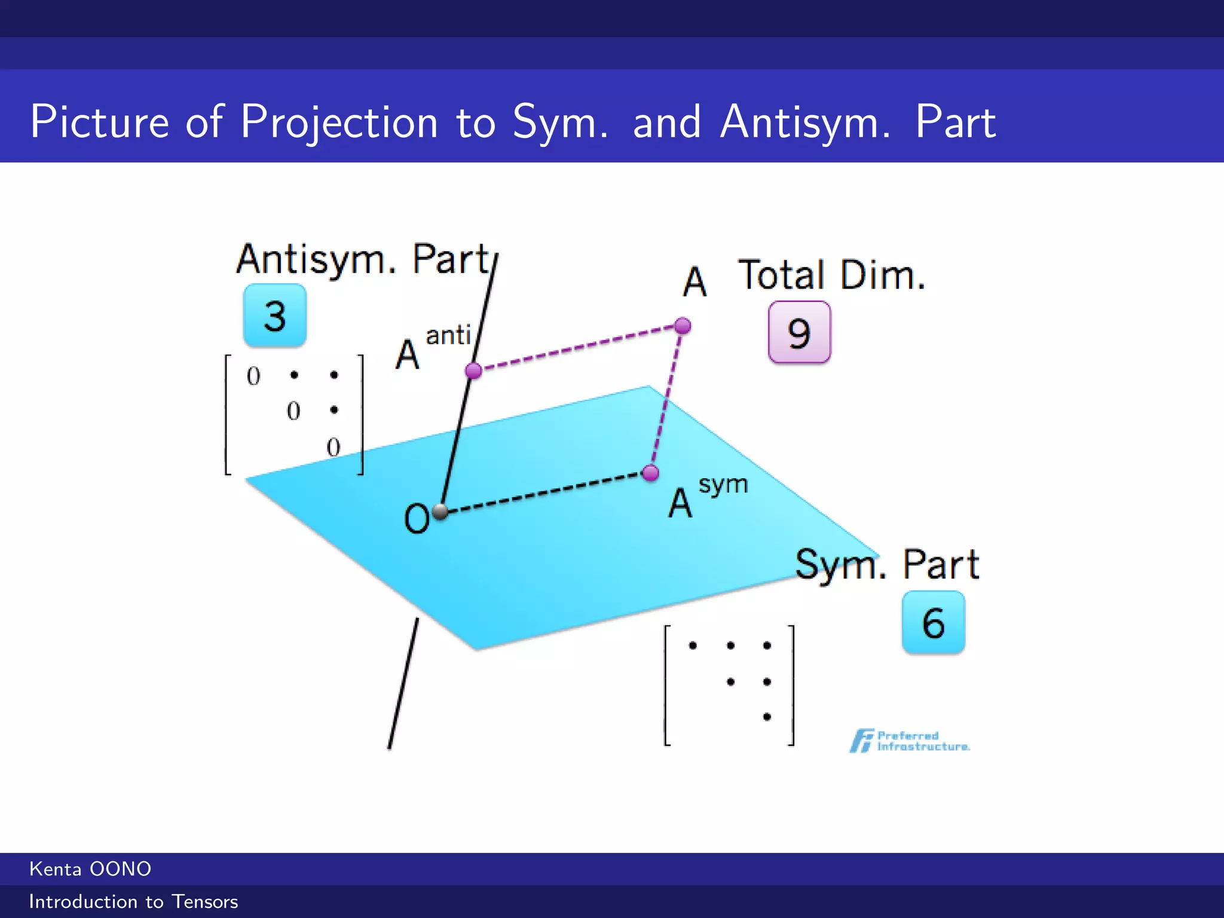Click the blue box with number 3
tap(275, 316)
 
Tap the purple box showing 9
tap(799, 332)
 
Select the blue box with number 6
tap(933, 622)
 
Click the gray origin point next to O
tap(440, 512)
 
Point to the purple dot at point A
tap(683, 326)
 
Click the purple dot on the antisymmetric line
tap(473, 371)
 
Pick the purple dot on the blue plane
tap(650, 473)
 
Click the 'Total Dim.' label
tap(832, 276)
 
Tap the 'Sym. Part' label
tap(887, 564)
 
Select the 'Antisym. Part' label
tap(363, 259)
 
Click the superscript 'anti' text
tap(448, 335)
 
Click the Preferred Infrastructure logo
tap(910, 741)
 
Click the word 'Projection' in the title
tap(339, 123)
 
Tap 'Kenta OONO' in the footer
tap(90, 869)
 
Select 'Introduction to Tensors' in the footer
tap(133, 902)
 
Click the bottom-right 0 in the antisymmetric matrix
tap(333, 447)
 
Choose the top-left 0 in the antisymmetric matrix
tap(253, 376)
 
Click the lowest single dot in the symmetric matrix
tap(767, 717)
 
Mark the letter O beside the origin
tap(417, 518)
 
